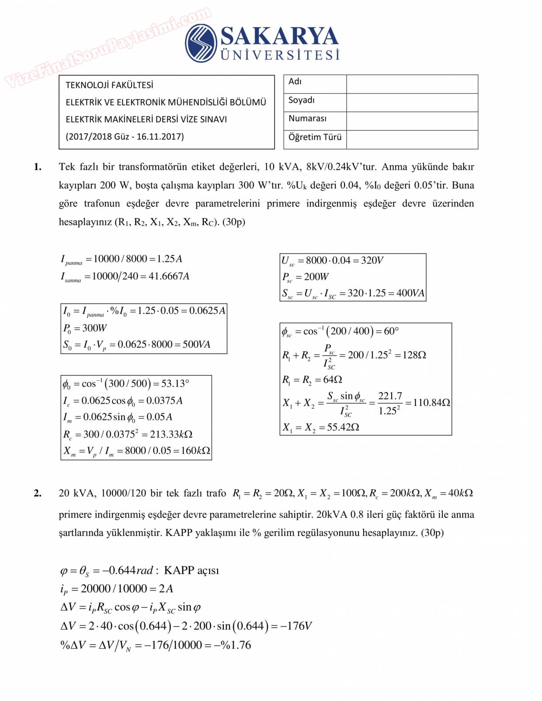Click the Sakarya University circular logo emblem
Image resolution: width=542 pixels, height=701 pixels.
point(201,43)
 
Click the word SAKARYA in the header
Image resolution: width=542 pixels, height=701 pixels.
point(280,36)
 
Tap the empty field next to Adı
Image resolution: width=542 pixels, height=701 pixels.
point(412,84)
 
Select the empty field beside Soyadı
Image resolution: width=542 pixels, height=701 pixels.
point(412,103)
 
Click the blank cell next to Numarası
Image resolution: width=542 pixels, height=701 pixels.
point(412,121)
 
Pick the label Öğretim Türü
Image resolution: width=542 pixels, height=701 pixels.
point(315,137)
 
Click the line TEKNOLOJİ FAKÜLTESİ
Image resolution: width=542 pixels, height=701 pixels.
point(109,85)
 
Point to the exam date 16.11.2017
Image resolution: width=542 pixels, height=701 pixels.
point(160,136)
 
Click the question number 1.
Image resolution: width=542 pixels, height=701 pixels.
point(38,167)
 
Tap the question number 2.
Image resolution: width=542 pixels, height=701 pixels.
point(38,493)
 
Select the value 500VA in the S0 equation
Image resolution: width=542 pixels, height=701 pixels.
point(197,344)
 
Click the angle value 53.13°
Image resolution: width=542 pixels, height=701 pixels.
point(175,383)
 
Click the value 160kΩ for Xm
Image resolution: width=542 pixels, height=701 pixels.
point(195,450)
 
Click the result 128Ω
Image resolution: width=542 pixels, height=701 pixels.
point(414,355)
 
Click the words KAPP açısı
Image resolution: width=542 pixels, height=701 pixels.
point(191,570)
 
